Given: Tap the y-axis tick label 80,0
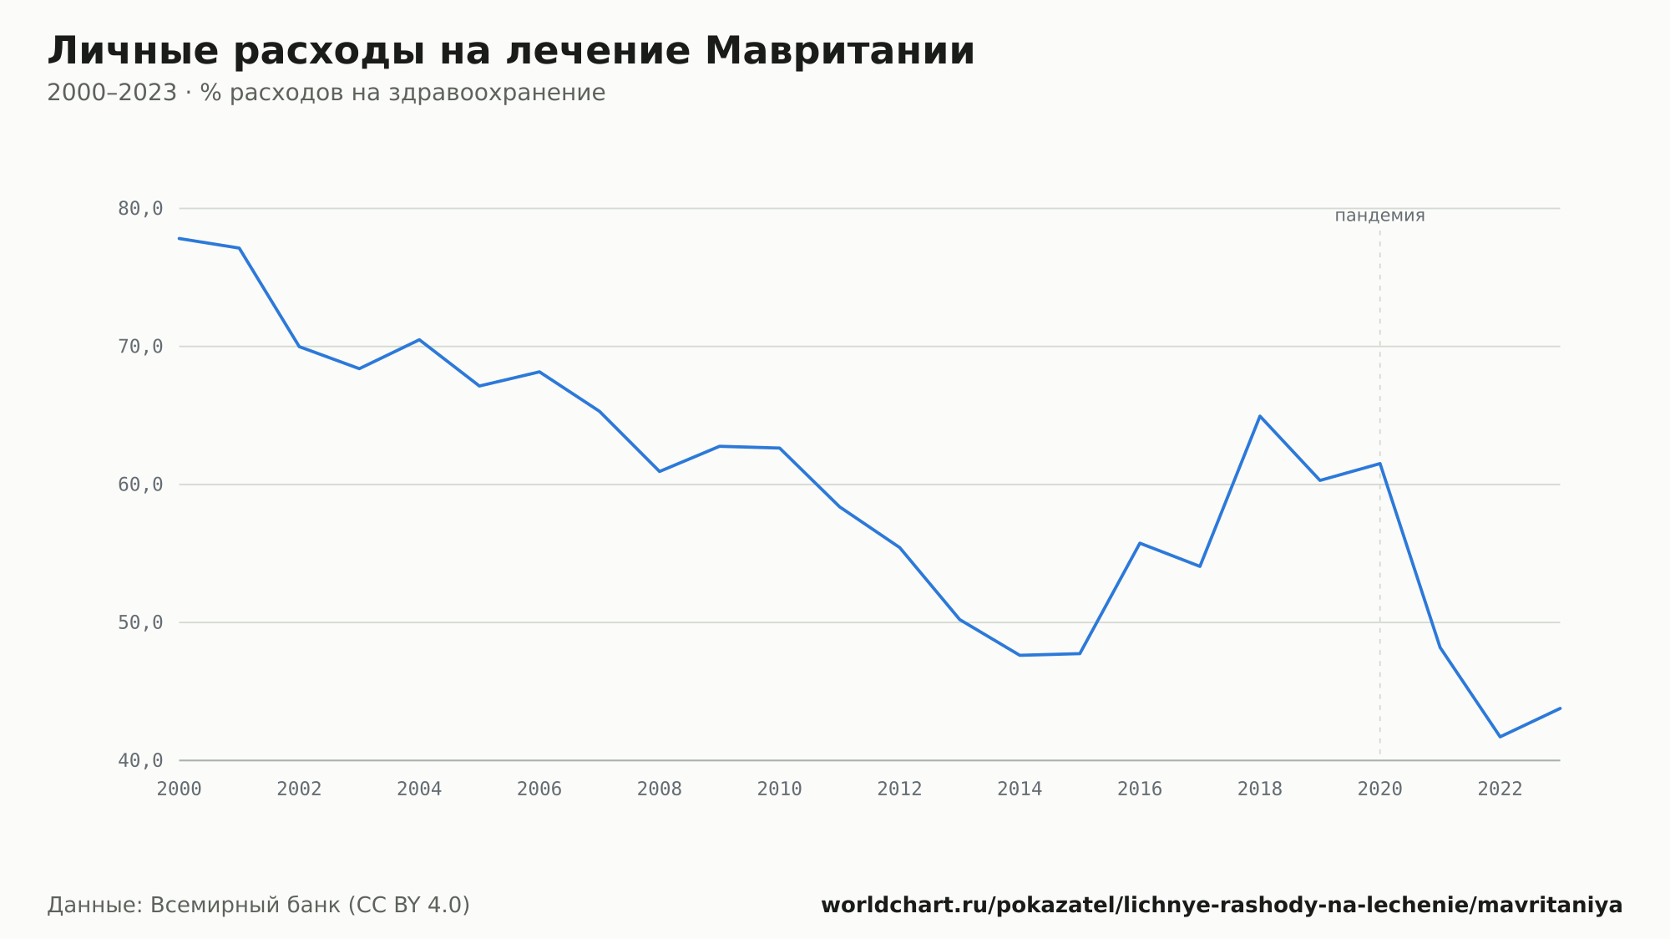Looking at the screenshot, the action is pyautogui.click(x=140, y=209).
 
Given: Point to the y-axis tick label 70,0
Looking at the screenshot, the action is pyautogui.click(x=140, y=347).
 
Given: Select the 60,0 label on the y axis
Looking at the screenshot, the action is pyautogui.click(x=140, y=485).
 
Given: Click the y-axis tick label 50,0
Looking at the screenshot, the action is pyautogui.click(x=140, y=622).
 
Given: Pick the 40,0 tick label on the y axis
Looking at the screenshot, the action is pyautogui.click(x=140, y=760).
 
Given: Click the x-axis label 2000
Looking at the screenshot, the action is pyautogui.click(x=180, y=789).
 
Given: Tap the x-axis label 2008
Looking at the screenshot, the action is pyautogui.click(x=660, y=789).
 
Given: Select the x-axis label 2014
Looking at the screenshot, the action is pyautogui.click(x=1020, y=789).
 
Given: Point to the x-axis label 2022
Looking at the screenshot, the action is pyautogui.click(x=1500, y=789).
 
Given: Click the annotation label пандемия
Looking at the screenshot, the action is pyautogui.click(x=1379, y=216).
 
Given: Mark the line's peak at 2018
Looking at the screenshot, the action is pyautogui.click(x=1260, y=416).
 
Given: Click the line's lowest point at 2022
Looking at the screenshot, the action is pyautogui.click(x=1500, y=737).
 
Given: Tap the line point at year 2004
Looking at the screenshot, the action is pyautogui.click(x=419, y=339).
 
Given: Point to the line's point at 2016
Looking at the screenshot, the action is pyautogui.click(x=1140, y=543).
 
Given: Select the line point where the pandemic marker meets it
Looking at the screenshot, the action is pyautogui.click(x=1379, y=464).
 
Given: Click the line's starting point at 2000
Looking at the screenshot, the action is pyautogui.click(x=180, y=238).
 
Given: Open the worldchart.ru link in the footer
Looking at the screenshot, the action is pyautogui.click(x=1222, y=905).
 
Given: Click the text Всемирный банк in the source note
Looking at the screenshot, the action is pyautogui.click(x=245, y=905).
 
